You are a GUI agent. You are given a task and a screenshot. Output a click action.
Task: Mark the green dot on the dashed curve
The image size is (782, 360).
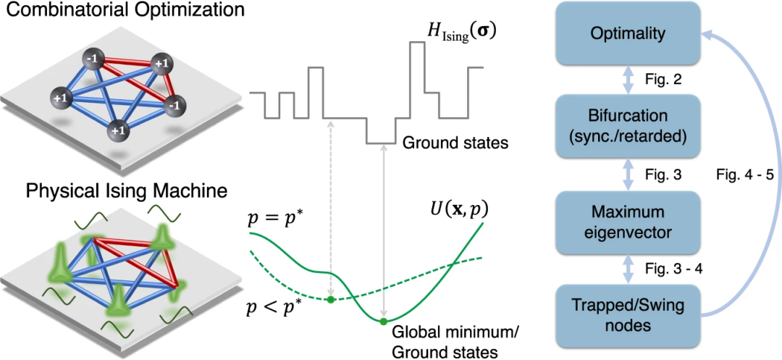click(x=331, y=298)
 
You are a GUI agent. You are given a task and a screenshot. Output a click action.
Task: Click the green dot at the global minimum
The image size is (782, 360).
click(x=384, y=321)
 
